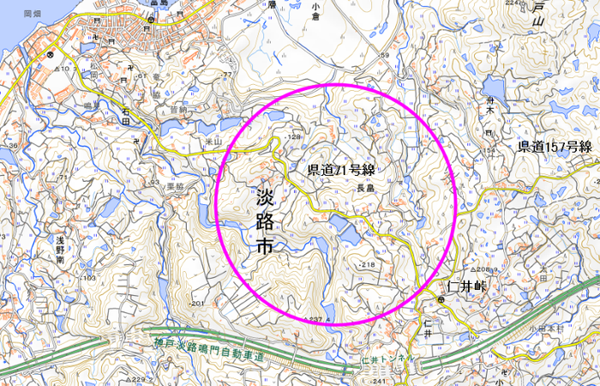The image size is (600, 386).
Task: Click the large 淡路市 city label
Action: pos(267,221)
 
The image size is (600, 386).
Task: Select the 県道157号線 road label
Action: pos(555,147)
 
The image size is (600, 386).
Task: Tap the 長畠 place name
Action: pos(366,189)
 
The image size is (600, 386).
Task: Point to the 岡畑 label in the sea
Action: pos(33,15)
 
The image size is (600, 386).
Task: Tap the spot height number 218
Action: pos(369,266)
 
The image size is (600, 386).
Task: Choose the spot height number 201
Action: pos(197,304)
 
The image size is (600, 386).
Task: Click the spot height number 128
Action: pos(297,137)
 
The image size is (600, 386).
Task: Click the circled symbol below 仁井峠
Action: pos(439,300)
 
